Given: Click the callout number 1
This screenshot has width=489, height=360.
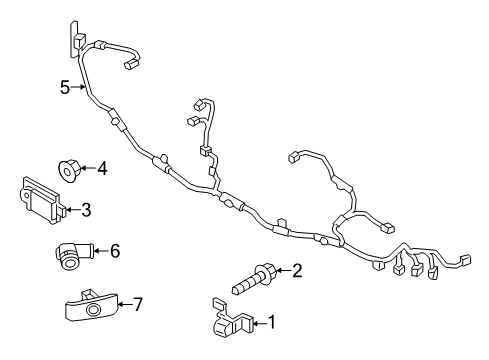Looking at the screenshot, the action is [272, 322].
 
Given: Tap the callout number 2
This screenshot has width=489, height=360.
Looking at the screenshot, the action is [296, 270].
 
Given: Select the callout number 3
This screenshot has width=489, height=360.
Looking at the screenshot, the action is [86, 210].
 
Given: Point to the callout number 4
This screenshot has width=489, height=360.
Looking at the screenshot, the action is [102, 168].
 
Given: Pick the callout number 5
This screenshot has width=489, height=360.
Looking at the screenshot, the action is [65, 88].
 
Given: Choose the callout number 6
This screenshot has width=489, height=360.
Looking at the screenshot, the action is [115, 251].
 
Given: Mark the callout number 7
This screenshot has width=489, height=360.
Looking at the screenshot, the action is [138, 304].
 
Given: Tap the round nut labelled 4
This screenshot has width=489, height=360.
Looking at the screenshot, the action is [69, 171].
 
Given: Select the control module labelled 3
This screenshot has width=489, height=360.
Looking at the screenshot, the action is [42, 201].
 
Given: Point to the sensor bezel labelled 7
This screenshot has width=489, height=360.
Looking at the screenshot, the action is [91, 305].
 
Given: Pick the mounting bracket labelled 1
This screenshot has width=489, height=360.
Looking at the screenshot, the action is [232, 319].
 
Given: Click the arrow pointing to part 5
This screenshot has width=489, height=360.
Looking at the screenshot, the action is [78, 87].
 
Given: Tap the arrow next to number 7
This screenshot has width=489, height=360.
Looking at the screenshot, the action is [125, 304].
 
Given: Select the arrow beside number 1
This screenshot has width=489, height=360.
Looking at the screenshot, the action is [260, 323].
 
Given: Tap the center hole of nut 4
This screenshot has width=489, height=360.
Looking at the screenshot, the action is [67, 172].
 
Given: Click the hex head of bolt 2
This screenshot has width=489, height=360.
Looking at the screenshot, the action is [266, 272].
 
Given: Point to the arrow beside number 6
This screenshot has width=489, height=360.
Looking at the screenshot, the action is [102, 251].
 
